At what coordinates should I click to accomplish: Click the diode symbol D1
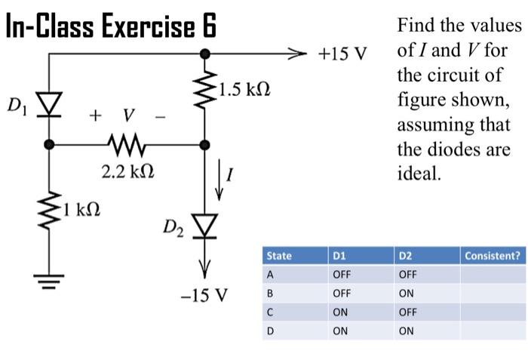coord(50,103)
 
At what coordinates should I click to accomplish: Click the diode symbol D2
coord(204,223)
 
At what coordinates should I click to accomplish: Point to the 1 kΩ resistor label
coord(84,206)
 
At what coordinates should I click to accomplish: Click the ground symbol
coord(50,285)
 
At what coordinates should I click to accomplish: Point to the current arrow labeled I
coord(219,179)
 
